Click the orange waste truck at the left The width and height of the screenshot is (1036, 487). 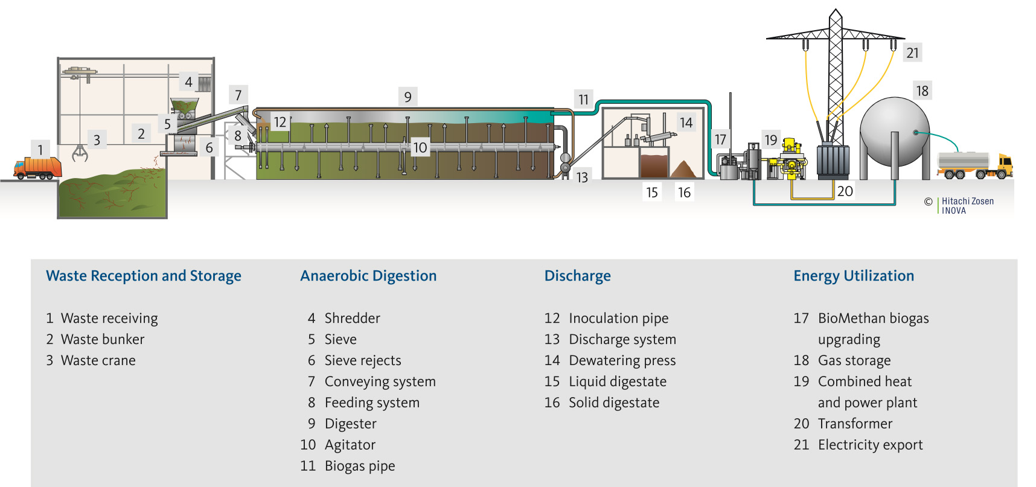[37, 168]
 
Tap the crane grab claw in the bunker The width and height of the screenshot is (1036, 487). [80, 153]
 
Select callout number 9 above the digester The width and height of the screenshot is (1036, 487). [408, 97]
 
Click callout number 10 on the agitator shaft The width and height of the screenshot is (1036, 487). [420, 147]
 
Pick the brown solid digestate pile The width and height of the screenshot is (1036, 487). [684, 170]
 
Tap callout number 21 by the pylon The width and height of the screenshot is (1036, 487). [912, 53]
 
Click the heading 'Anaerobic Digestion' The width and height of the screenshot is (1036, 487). [368, 276]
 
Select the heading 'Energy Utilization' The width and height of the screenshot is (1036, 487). [853, 276]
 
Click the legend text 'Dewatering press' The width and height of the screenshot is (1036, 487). [622, 360]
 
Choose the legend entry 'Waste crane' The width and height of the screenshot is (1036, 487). [98, 360]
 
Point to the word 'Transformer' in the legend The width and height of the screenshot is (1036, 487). [855, 424]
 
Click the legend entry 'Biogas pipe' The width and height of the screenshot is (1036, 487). [360, 466]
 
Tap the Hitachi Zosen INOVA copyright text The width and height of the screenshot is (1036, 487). [966, 205]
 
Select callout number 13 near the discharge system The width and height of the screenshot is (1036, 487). [582, 177]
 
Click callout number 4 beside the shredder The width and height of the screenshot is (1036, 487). [188, 81]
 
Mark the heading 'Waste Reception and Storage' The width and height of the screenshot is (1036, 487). [144, 276]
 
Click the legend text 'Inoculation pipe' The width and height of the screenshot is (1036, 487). [618, 318]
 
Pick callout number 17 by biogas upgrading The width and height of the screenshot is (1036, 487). [720, 139]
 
